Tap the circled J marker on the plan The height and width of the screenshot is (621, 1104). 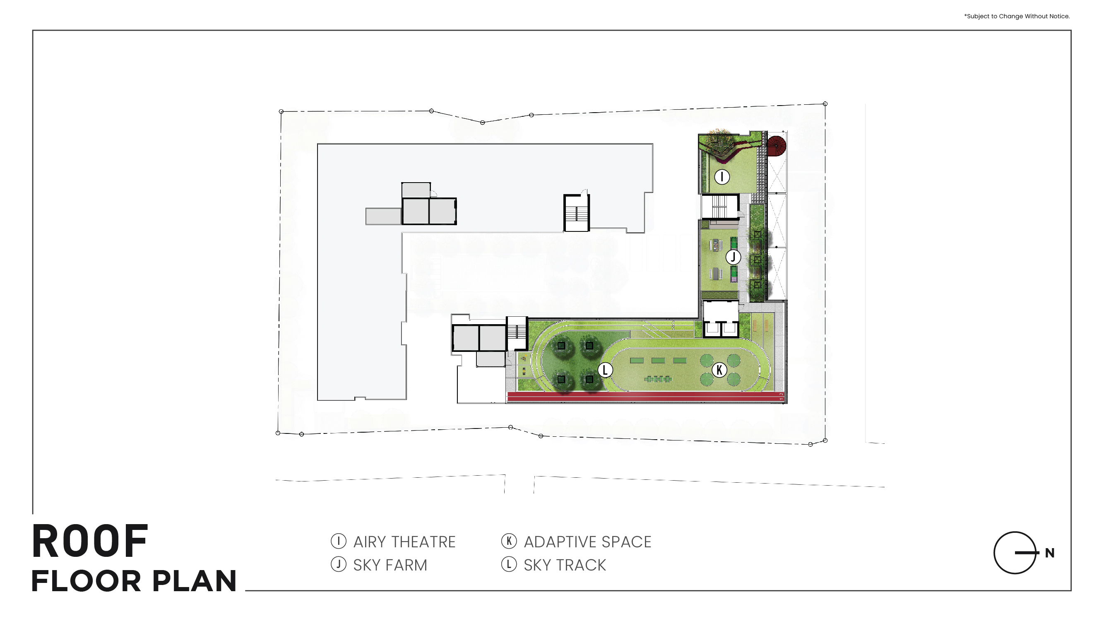pyautogui.click(x=733, y=257)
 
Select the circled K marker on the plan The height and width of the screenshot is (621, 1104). pyautogui.click(x=719, y=369)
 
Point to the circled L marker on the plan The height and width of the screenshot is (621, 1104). pyautogui.click(x=605, y=369)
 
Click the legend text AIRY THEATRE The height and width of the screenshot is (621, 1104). pyautogui.click(x=404, y=542)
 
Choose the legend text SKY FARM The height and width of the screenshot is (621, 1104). pyautogui.click(x=390, y=565)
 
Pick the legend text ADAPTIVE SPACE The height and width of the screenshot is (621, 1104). pyautogui.click(x=587, y=542)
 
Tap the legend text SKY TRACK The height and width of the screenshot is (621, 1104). pyautogui.click(x=565, y=565)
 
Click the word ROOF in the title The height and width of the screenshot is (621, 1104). pyautogui.click(x=90, y=541)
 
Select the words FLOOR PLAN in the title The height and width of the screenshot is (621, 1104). pyautogui.click(x=134, y=581)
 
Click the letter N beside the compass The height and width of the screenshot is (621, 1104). pyautogui.click(x=1050, y=553)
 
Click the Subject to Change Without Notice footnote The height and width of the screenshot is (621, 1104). pyautogui.click(x=1017, y=16)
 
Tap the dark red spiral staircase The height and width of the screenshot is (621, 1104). pyautogui.click(x=776, y=145)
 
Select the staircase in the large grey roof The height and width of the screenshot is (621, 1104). pyautogui.click(x=577, y=213)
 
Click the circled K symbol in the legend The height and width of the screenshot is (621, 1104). pyautogui.click(x=509, y=541)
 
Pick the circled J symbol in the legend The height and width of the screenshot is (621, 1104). pyautogui.click(x=339, y=564)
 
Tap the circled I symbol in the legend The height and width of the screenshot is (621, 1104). pyautogui.click(x=339, y=541)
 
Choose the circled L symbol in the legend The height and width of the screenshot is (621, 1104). pyautogui.click(x=509, y=564)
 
